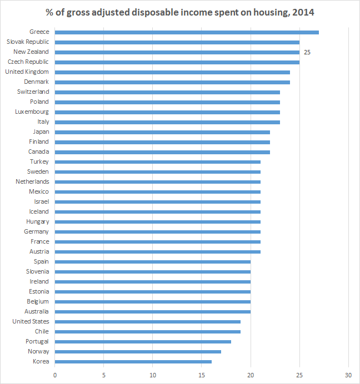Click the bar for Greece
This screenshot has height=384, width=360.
point(187,32)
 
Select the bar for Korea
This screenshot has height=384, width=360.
point(133,362)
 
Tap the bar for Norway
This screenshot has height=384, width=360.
point(138,352)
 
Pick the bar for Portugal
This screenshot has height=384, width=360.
point(143,342)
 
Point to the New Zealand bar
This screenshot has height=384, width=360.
point(177,52)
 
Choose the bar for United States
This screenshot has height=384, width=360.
point(147,322)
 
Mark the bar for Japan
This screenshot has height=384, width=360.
point(162,132)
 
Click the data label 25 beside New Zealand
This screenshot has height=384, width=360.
point(307,52)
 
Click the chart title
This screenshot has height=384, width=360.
point(180,11)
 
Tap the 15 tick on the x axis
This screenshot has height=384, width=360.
point(202,375)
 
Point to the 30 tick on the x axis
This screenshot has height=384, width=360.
point(349,375)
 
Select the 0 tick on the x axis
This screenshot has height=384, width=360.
point(55,375)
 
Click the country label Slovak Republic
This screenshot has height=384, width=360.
point(28,42)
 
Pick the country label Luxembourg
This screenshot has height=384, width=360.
point(32,112)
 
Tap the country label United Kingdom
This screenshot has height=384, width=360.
point(27,72)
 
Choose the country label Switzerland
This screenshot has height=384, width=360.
point(33,92)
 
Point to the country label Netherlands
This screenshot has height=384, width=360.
point(32,182)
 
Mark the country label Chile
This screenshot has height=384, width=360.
point(42,332)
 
